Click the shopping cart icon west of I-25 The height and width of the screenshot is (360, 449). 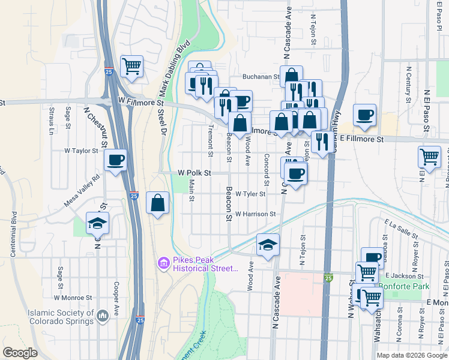(131, 65)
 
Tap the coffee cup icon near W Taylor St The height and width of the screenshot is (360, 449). (115, 160)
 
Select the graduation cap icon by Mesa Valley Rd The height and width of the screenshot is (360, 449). (97, 223)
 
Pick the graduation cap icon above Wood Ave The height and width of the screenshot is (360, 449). (268, 244)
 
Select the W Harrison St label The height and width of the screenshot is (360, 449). (255, 214)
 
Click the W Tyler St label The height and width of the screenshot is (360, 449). (250, 194)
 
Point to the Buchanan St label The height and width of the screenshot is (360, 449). (261, 77)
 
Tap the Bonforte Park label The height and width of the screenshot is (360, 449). (409, 287)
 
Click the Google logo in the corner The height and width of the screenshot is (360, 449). (20, 353)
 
